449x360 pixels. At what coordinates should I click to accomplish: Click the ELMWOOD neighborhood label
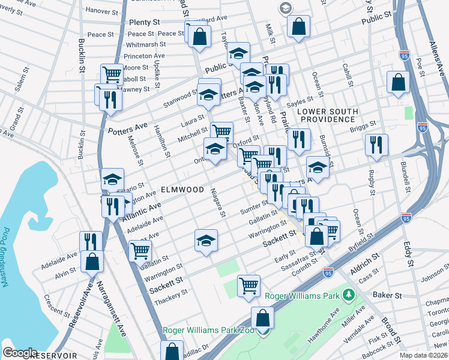tap(182, 190)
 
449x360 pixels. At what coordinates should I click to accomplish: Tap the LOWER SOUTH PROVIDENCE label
tap(328, 116)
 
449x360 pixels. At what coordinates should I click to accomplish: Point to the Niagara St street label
tap(220, 203)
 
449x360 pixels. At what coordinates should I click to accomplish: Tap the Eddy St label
tap(408, 254)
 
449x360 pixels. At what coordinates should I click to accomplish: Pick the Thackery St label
tap(173, 293)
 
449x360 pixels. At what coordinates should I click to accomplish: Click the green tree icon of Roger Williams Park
tap(348, 295)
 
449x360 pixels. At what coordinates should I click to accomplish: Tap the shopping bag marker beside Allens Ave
tap(398, 83)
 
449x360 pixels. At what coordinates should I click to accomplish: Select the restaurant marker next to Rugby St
tap(376, 144)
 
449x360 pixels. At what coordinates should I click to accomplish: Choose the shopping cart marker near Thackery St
tap(249, 286)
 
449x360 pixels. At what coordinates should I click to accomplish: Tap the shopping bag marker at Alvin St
tap(92, 261)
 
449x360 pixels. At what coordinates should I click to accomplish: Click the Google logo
tap(20, 352)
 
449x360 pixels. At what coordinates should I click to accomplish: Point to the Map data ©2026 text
tap(424, 355)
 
